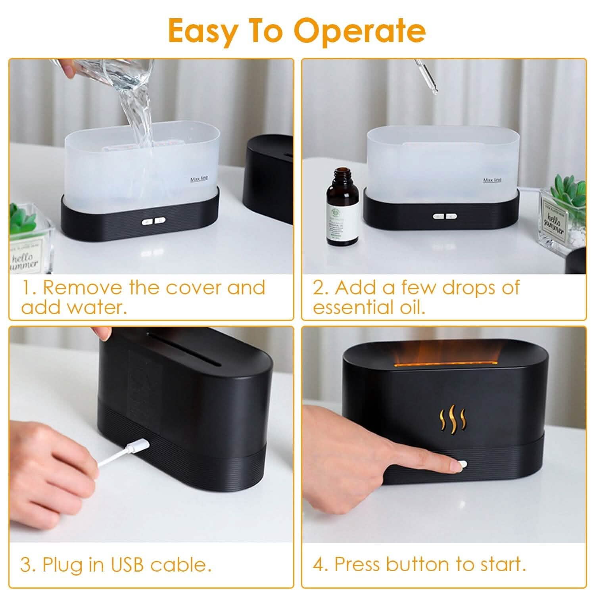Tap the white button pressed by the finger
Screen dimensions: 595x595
coord(463,465)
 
